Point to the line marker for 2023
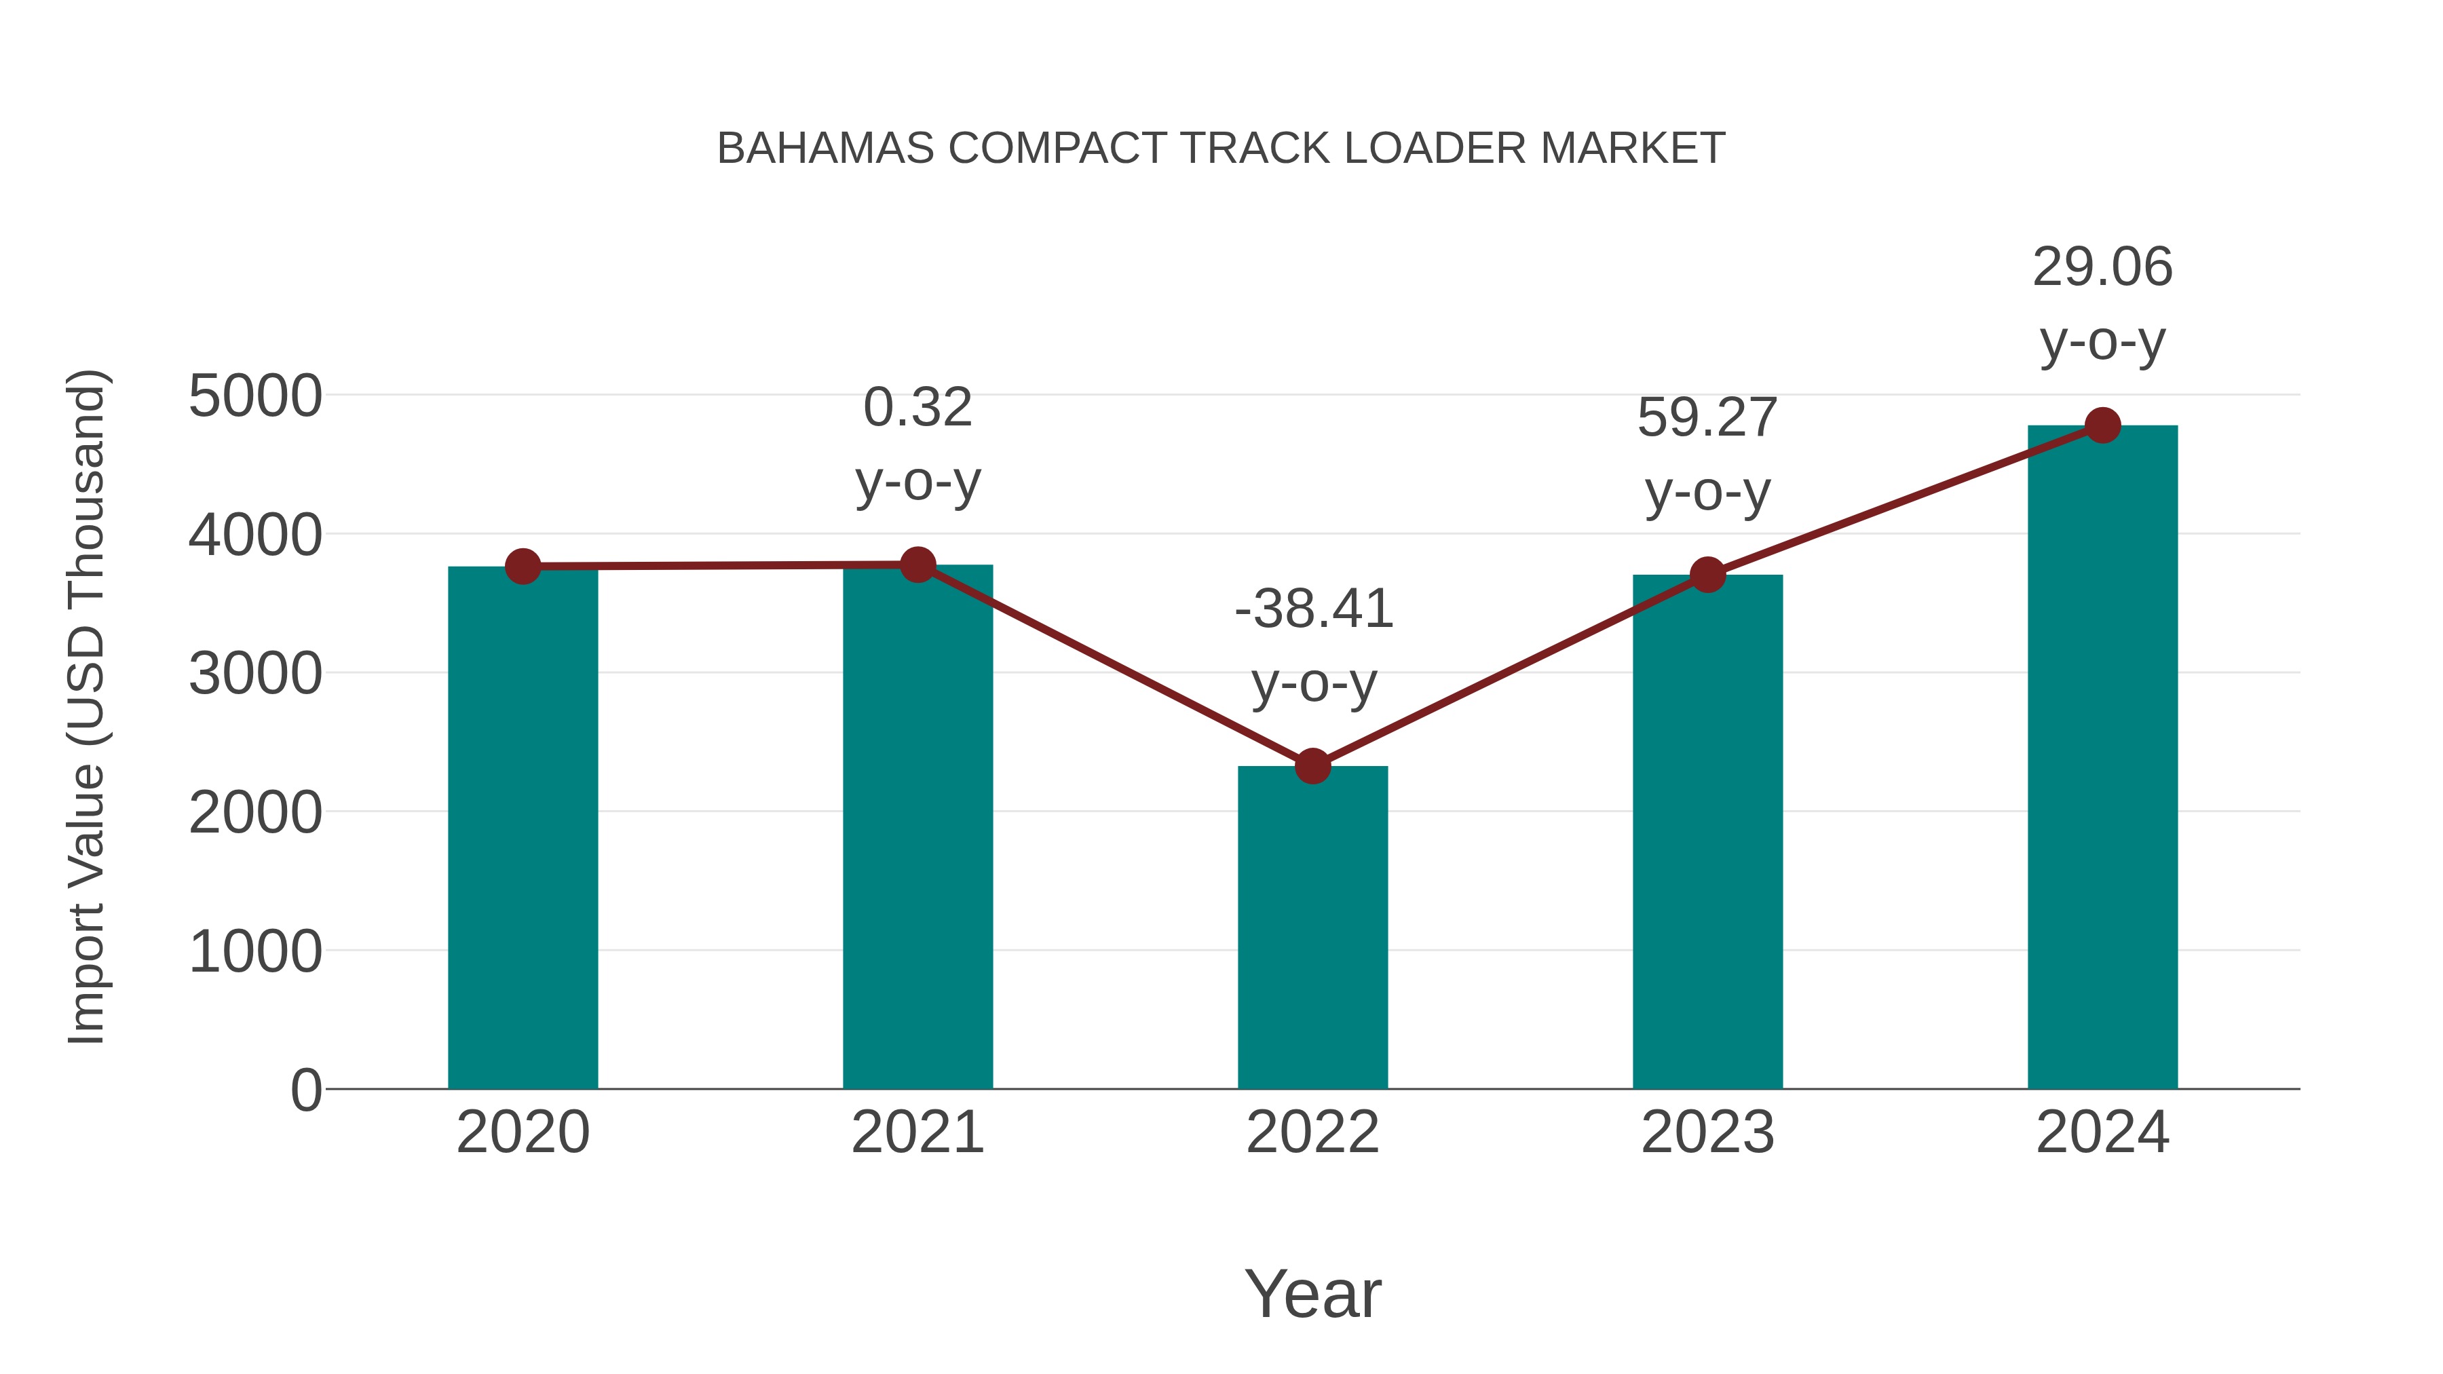tap(1707, 575)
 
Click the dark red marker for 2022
tap(1312, 766)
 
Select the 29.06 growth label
tap(2102, 267)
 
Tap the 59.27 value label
tap(1707, 417)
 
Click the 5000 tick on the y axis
tap(255, 396)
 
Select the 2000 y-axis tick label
tap(255, 813)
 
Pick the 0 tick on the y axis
tap(305, 1090)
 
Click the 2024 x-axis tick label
tap(2102, 1132)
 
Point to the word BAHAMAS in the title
tap(825, 149)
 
